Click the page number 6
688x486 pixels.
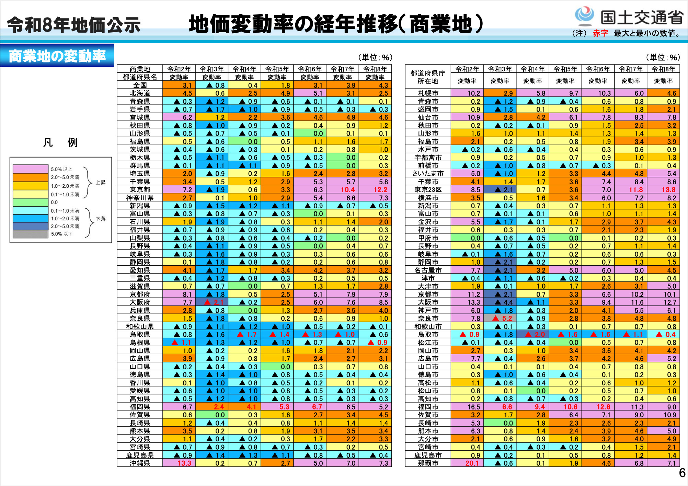click(x=682, y=473)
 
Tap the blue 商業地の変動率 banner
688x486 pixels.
click(x=57, y=56)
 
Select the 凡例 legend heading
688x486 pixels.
click(x=60, y=142)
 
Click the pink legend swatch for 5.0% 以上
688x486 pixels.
click(x=30, y=169)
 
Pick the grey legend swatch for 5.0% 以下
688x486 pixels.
click(x=30, y=234)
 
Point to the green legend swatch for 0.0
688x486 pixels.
click(x=30, y=202)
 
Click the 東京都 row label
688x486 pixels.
click(x=140, y=190)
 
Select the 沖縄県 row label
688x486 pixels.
click(x=140, y=463)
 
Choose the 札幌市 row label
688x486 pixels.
click(x=428, y=93)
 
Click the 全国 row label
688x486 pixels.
click(x=140, y=85)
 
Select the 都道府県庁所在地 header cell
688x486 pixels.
click(x=428, y=77)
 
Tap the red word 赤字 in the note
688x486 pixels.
click(x=600, y=33)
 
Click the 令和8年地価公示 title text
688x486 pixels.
click(x=73, y=25)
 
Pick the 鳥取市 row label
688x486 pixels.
click(x=428, y=335)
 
